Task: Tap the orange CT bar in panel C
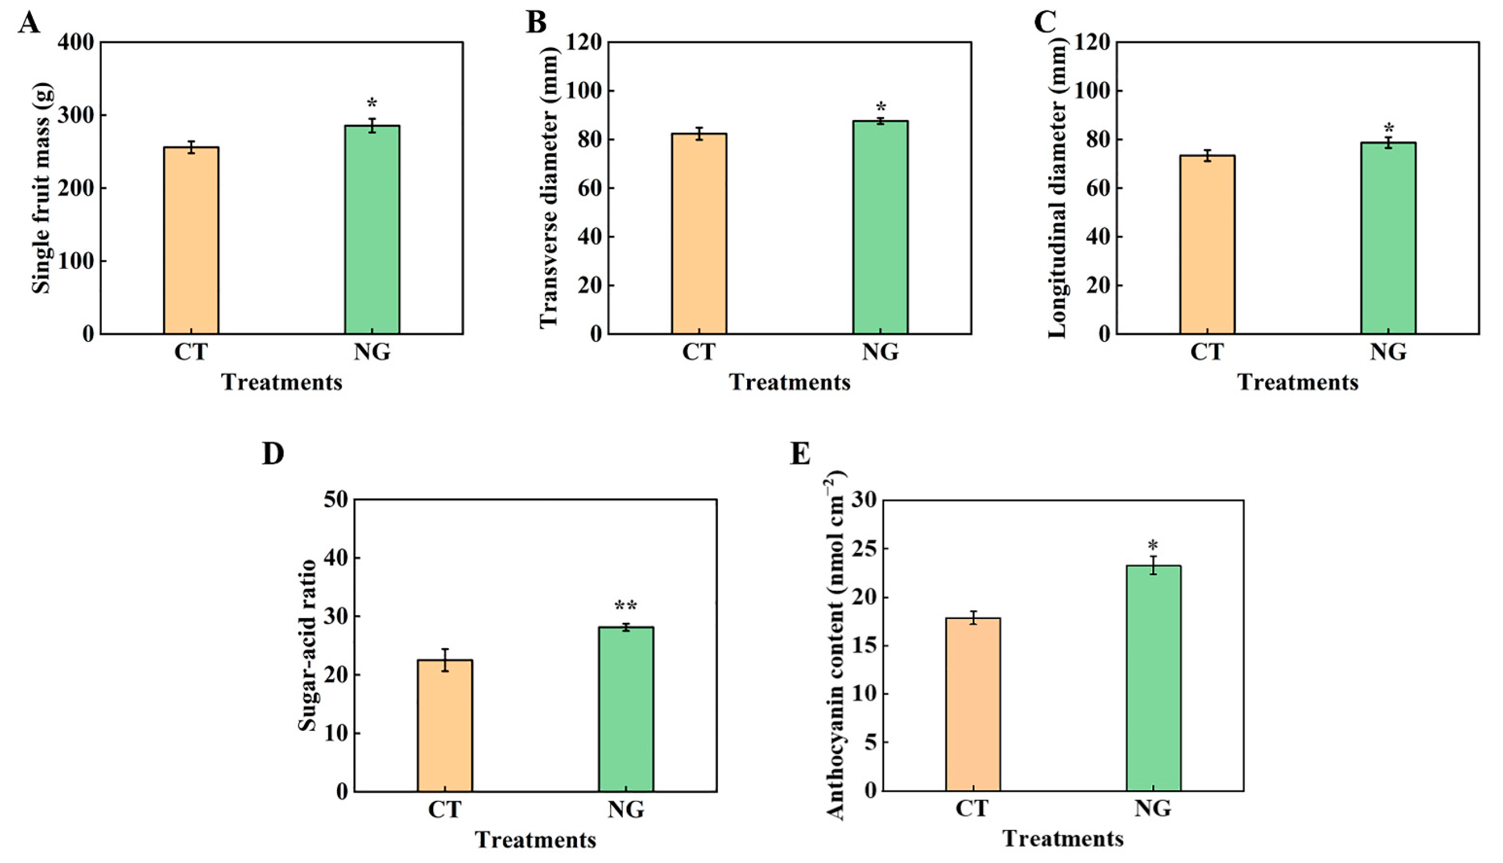[x=1207, y=244]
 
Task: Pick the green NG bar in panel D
[x=625, y=709]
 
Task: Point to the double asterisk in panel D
[x=625, y=606]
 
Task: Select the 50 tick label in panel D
[x=336, y=500]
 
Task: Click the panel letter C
[x=1045, y=23]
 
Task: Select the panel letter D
[x=273, y=453]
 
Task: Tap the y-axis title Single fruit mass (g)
[x=42, y=188]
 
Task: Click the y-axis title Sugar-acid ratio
[x=307, y=645]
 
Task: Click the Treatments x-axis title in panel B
[x=789, y=382]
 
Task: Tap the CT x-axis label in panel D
[x=444, y=810]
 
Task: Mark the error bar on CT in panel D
[x=444, y=660]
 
